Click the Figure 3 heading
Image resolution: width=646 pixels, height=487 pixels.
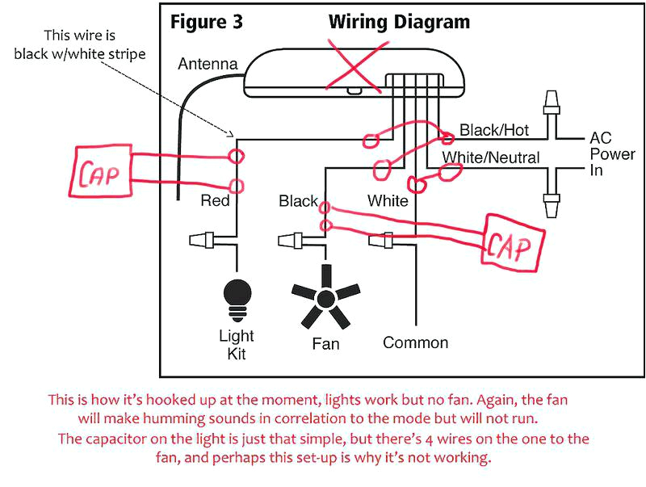click(x=206, y=22)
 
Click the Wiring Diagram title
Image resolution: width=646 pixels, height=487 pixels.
click(x=399, y=22)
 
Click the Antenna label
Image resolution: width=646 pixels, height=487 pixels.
click(x=208, y=64)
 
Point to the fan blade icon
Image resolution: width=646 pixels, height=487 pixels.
click(x=325, y=299)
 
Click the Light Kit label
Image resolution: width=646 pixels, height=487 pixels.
click(x=237, y=344)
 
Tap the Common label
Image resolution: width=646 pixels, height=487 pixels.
click(x=415, y=342)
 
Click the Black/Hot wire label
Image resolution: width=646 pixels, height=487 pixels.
click(x=493, y=130)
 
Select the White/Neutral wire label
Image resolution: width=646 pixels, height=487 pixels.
click(x=490, y=157)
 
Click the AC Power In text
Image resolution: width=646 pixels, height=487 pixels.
click(x=611, y=153)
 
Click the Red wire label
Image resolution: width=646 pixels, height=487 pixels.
click(x=216, y=201)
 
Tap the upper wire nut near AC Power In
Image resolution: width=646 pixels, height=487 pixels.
click(x=552, y=103)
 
